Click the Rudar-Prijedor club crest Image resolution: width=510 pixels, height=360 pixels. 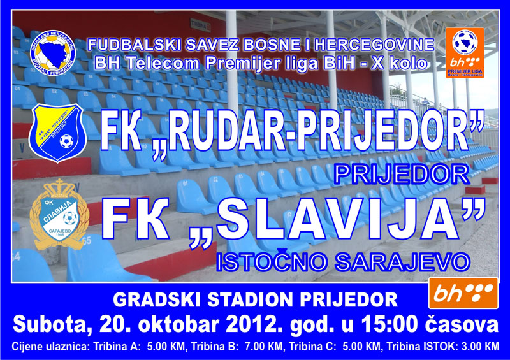pyautogui.click(x=57, y=133)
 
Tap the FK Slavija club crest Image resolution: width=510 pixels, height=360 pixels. pyautogui.click(x=59, y=215)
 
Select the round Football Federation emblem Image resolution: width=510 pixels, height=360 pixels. pyautogui.click(x=53, y=53)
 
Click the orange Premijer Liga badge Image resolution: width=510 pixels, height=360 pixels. pyautogui.click(x=465, y=53)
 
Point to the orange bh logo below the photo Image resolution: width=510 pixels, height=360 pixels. pyautogui.click(x=463, y=293)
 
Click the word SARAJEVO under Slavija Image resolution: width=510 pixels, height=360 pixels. pyautogui.click(x=403, y=261)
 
